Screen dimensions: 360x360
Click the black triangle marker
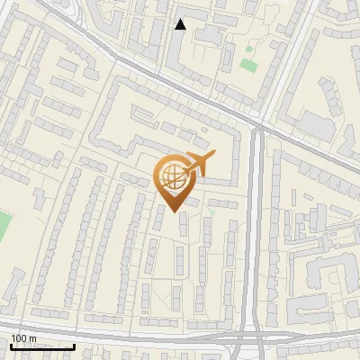pos(181,24)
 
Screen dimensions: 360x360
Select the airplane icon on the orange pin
pos(197,164)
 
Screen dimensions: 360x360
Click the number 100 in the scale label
pos(19,339)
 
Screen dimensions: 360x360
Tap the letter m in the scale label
pos(32,339)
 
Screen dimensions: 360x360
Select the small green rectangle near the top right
pos(249,66)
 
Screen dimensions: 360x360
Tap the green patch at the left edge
pos(3,227)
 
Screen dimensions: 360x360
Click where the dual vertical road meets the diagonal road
pos(259,129)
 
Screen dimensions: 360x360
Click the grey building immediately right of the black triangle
pos(209,33)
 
